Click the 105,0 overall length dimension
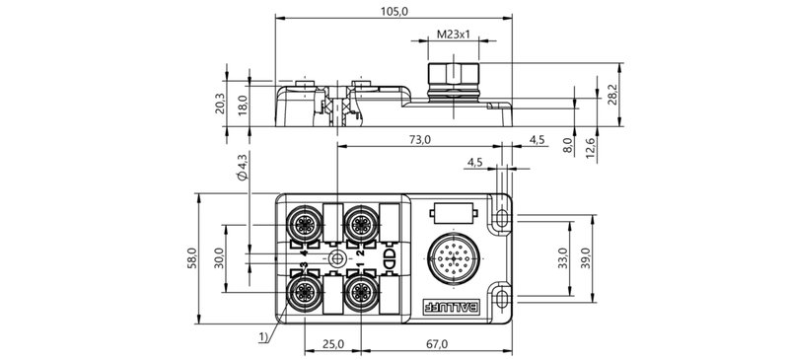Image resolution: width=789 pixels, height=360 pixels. [x=394, y=9]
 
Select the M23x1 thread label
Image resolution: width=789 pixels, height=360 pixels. [x=452, y=35]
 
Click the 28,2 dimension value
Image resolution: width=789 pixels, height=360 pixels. [x=612, y=95]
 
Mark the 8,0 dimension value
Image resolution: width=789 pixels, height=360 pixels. [x=568, y=145]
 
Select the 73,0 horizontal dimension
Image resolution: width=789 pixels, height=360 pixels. [x=419, y=140]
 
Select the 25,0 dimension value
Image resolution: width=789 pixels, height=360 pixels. [x=332, y=344]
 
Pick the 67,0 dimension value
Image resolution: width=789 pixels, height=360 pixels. [x=436, y=344]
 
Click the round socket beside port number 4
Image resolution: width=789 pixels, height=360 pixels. [x=304, y=224]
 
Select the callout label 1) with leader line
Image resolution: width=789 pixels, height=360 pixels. [x=262, y=337]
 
